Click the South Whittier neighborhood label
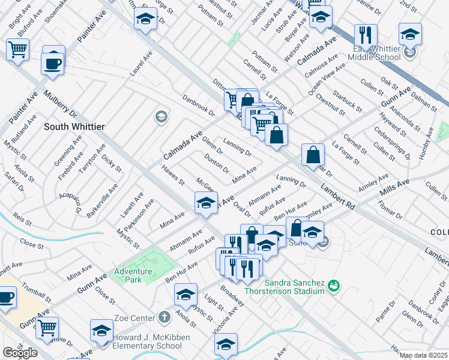pyautogui.click(x=74, y=127)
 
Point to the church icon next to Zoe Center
pyautogui.click(x=165, y=316)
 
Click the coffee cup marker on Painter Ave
pyautogui.click(x=53, y=60)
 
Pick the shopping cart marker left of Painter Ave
pyautogui.click(x=18, y=50)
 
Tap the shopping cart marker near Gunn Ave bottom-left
pyautogui.click(x=47, y=328)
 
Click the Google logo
pyautogui.click(x=19, y=353)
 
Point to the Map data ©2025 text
pyautogui.click(x=424, y=355)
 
